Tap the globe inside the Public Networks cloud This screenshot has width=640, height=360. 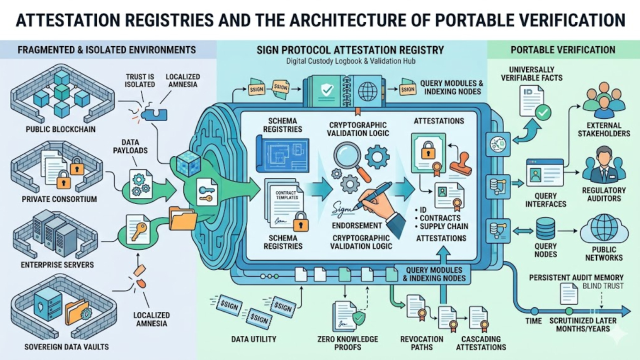tap(604, 228)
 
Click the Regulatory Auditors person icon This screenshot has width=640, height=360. tap(604, 165)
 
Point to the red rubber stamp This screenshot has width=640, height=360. tap(461, 163)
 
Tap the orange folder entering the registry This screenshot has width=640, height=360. tap(182, 218)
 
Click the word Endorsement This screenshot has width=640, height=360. tap(357, 225)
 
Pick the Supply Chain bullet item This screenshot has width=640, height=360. tap(444, 226)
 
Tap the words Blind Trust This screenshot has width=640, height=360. tap(603, 286)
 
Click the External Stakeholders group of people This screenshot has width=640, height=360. tap(604, 99)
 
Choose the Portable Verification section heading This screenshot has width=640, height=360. tap(562, 50)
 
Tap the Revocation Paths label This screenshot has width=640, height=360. tap(421, 343)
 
